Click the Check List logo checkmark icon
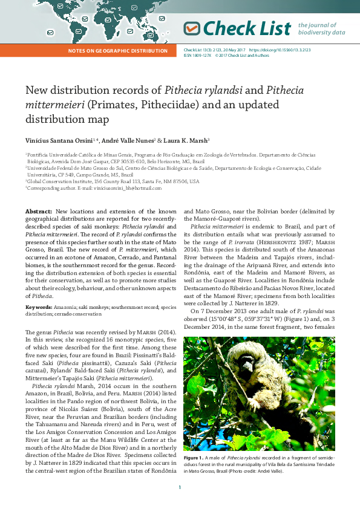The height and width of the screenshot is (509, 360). click(x=192, y=28)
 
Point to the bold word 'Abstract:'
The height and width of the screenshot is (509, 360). click(x=38, y=211)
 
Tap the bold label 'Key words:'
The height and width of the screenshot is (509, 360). click(x=38, y=306)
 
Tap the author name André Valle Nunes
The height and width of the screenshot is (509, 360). click(x=128, y=140)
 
